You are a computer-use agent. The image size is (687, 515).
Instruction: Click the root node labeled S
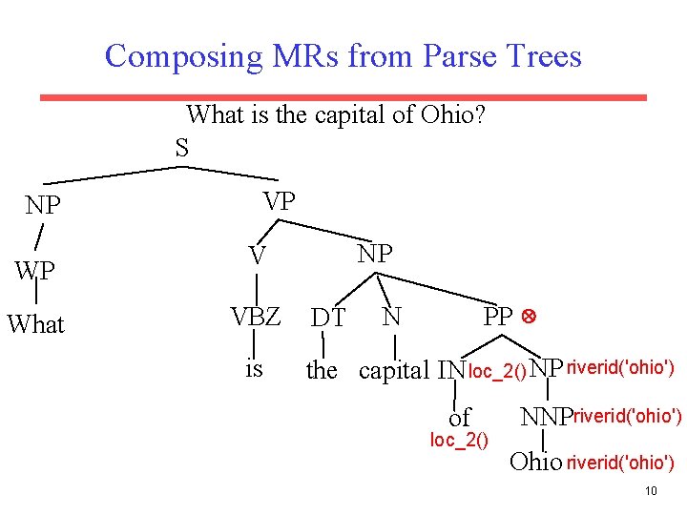click(181, 149)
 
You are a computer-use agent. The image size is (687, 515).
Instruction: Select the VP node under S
click(280, 201)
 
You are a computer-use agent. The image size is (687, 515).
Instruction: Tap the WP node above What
click(34, 271)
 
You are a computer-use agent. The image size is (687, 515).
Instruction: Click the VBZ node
click(256, 317)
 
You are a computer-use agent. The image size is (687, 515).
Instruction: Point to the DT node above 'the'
click(328, 318)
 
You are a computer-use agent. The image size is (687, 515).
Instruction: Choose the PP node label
click(498, 317)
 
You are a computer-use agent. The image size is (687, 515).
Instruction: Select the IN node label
click(450, 369)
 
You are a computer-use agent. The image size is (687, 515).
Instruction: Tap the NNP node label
click(545, 417)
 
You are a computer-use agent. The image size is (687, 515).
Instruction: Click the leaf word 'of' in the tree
click(460, 418)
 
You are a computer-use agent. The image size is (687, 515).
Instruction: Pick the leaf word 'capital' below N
click(394, 370)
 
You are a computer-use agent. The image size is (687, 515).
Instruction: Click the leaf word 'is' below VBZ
click(254, 368)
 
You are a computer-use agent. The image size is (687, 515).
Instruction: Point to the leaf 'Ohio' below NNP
click(535, 463)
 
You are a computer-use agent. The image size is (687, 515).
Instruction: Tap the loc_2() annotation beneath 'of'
click(459, 440)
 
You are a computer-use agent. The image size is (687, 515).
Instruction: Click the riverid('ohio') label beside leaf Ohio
click(620, 463)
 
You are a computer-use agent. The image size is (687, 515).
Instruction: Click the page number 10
click(651, 491)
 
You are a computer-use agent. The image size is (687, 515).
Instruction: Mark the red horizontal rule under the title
click(343, 97)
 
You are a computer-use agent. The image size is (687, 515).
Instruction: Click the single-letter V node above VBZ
click(257, 256)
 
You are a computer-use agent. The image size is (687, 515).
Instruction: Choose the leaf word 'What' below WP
click(36, 324)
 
